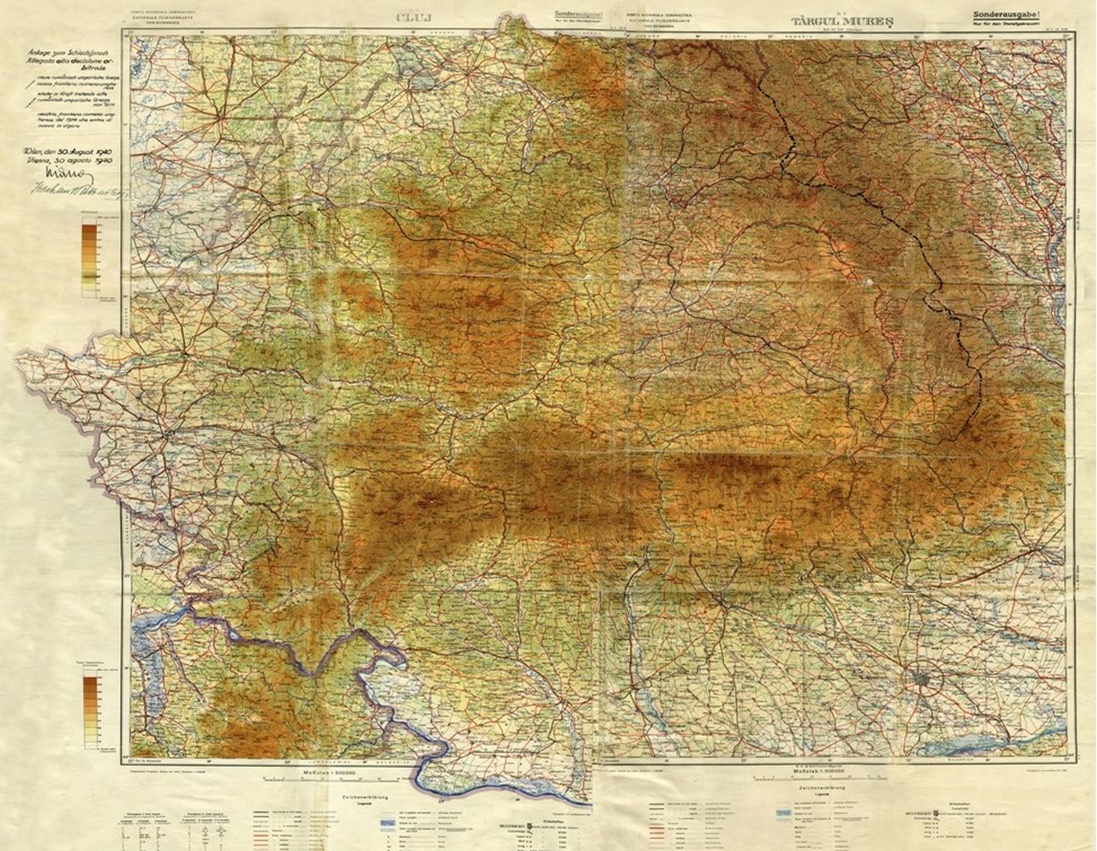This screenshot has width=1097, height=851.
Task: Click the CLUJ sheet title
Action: tap(411, 15)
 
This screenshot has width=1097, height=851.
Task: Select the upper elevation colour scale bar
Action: tap(89, 255)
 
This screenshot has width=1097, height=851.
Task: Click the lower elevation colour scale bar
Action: tap(90, 710)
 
